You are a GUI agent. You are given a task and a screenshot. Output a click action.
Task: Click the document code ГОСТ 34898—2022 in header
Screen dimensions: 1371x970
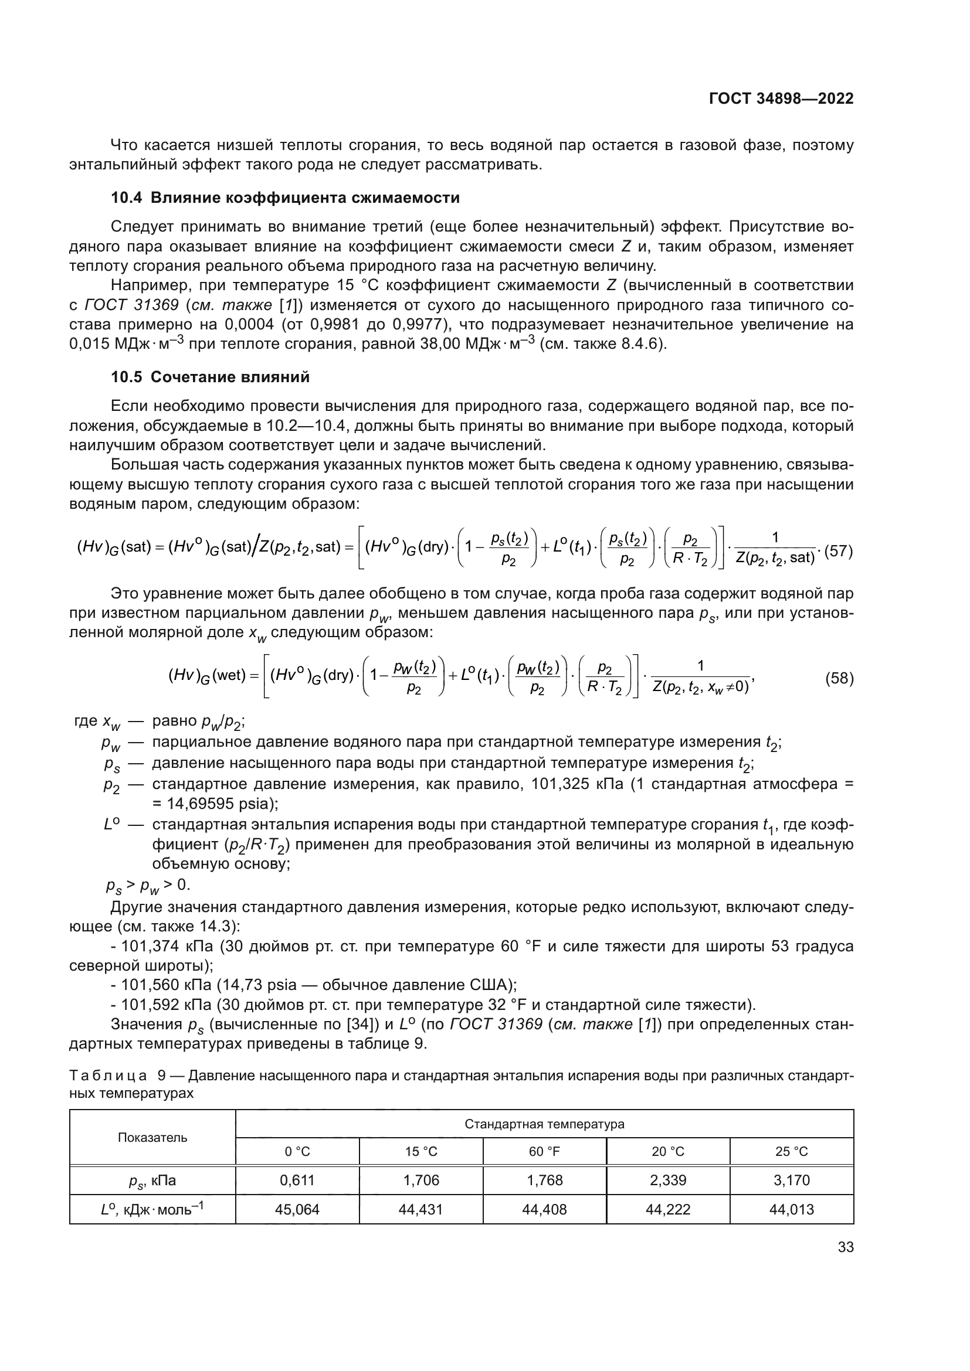coord(781,99)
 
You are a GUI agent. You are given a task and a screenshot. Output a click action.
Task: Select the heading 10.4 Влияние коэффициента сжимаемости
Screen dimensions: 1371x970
coord(285,198)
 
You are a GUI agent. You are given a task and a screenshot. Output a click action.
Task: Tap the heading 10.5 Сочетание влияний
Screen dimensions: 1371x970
coord(211,377)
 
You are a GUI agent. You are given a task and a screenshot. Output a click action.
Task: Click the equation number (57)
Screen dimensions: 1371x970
coord(838,552)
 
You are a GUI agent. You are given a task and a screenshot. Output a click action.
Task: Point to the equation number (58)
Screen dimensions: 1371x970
coord(839,678)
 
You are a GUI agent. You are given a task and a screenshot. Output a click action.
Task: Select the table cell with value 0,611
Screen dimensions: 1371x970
coord(297,1180)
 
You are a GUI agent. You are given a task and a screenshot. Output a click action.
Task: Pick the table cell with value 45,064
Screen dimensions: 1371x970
coord(297,1209)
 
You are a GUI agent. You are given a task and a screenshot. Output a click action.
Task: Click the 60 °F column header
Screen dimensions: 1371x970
coord(544,1151)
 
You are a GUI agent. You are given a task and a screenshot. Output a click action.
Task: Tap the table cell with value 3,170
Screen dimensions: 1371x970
coord(791,1180)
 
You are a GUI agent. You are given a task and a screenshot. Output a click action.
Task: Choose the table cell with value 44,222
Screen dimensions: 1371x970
coord(668,1209)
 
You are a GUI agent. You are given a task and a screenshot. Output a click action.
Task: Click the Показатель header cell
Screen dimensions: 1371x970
coord(152,1137)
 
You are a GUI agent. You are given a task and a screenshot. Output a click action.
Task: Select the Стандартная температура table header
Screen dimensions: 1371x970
coord(544,1124)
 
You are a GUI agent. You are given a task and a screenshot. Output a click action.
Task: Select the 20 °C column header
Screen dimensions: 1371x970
coord(668,1151)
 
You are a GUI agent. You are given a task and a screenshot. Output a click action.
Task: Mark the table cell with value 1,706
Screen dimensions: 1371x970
coord(420,1180)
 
